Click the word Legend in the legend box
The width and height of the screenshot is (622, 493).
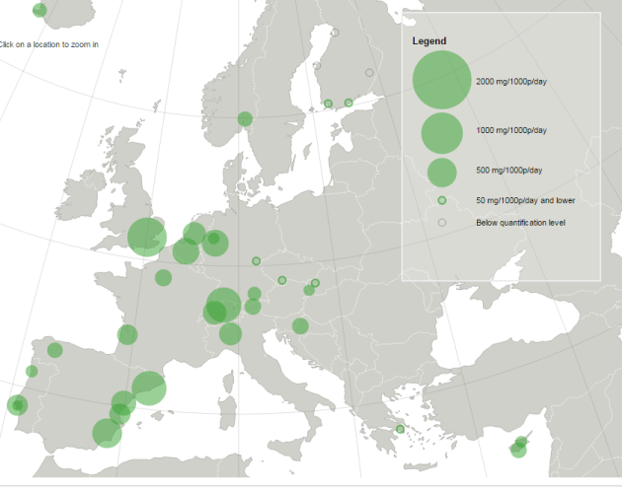[x=429, y=41]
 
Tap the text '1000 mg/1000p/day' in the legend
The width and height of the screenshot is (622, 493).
[x=510, y=130]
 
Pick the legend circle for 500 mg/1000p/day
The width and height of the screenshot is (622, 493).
[x=441, y=172]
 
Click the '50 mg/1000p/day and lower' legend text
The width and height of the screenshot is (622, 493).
[x=524, y=200]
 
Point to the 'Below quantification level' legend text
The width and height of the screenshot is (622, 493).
[x=520, y=222]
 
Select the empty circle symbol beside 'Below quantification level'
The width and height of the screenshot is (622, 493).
[x=441, y=222]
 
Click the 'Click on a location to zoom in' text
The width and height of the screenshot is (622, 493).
[x=48, y=44]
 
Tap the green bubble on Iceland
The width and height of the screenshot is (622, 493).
[x=39, y=10]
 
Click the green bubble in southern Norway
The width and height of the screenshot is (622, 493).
[x=245, y=119]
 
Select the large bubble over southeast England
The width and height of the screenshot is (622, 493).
[x=147, y=237]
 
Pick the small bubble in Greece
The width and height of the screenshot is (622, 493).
[x=400, y=429]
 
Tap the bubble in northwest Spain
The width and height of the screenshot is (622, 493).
[x=54, y=350]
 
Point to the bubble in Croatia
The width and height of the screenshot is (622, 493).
[x=300, y=326]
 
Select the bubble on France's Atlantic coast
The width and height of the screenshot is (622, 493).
[x=127, y=335]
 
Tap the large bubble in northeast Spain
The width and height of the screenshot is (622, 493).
[x=148, y=388]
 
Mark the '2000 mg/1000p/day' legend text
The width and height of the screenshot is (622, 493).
[x=510, y=80]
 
